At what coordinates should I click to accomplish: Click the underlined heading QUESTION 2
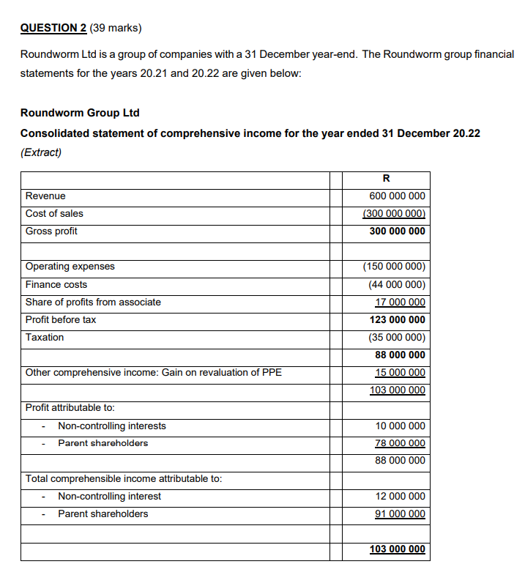(53, 29)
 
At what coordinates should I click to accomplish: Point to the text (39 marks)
(116, 29)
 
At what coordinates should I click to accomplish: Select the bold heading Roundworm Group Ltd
(80, 113)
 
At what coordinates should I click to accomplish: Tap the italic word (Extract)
(41, 152)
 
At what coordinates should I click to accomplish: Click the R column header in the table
(386, 179)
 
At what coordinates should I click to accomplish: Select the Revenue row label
(45, 196)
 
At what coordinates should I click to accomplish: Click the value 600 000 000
(397, 196)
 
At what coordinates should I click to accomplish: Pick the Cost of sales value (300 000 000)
(395, 214)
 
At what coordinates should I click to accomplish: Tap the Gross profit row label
(51, 231)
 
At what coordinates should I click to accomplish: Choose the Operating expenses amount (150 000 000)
(395, 267)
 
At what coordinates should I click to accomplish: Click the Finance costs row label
(56, 284)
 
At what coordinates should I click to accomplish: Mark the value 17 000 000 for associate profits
(400, 302)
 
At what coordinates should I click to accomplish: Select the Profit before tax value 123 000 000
(397, 319)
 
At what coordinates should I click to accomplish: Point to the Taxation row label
(45, 337)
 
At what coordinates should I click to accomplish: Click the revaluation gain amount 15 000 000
(400, 372)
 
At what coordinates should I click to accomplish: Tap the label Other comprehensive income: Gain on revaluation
(153, 372)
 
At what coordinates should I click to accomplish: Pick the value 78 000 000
(400, 443)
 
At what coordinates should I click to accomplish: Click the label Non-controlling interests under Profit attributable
(112, 426)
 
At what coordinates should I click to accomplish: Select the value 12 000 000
(400, 496)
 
